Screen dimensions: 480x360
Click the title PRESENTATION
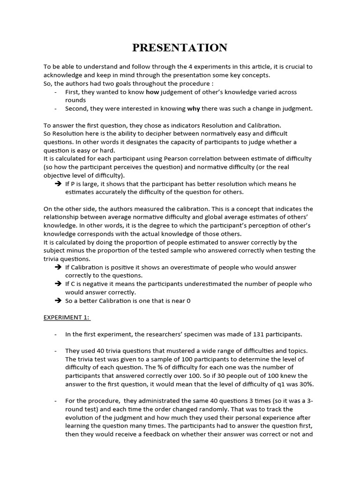pyautogui.click(x=180, y=48)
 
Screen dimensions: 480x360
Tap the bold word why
pyautogui.click(x=194, y=109)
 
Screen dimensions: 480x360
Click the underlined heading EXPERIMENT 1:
pyautogui.click(x=67, y=317)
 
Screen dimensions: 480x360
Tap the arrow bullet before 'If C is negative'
pyautogui.click(x=58, y=284)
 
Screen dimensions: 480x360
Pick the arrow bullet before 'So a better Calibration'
pyautogui.click(x=58, y=300)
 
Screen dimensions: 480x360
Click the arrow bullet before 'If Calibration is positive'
pyautogui.click(x=58, y=267)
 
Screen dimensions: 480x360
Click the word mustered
pyautogui.click(x=172, y=351)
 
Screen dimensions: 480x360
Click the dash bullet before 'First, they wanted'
pyautogui.click(x=56, y=92)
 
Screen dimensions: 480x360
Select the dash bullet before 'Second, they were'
pyautogui.click(x=56, y=109)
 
